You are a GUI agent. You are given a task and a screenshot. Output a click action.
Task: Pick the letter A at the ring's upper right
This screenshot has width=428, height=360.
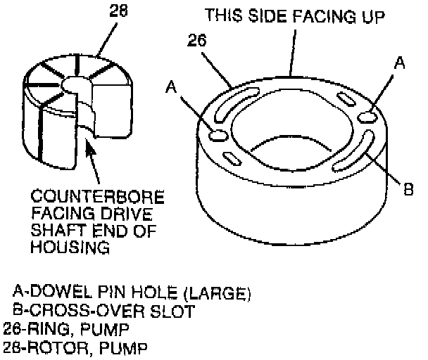point(399,63)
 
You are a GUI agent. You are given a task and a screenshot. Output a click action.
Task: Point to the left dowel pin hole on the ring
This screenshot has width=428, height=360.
point(218,134)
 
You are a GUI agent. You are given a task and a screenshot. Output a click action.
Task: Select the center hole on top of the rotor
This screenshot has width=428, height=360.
point(75,84)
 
